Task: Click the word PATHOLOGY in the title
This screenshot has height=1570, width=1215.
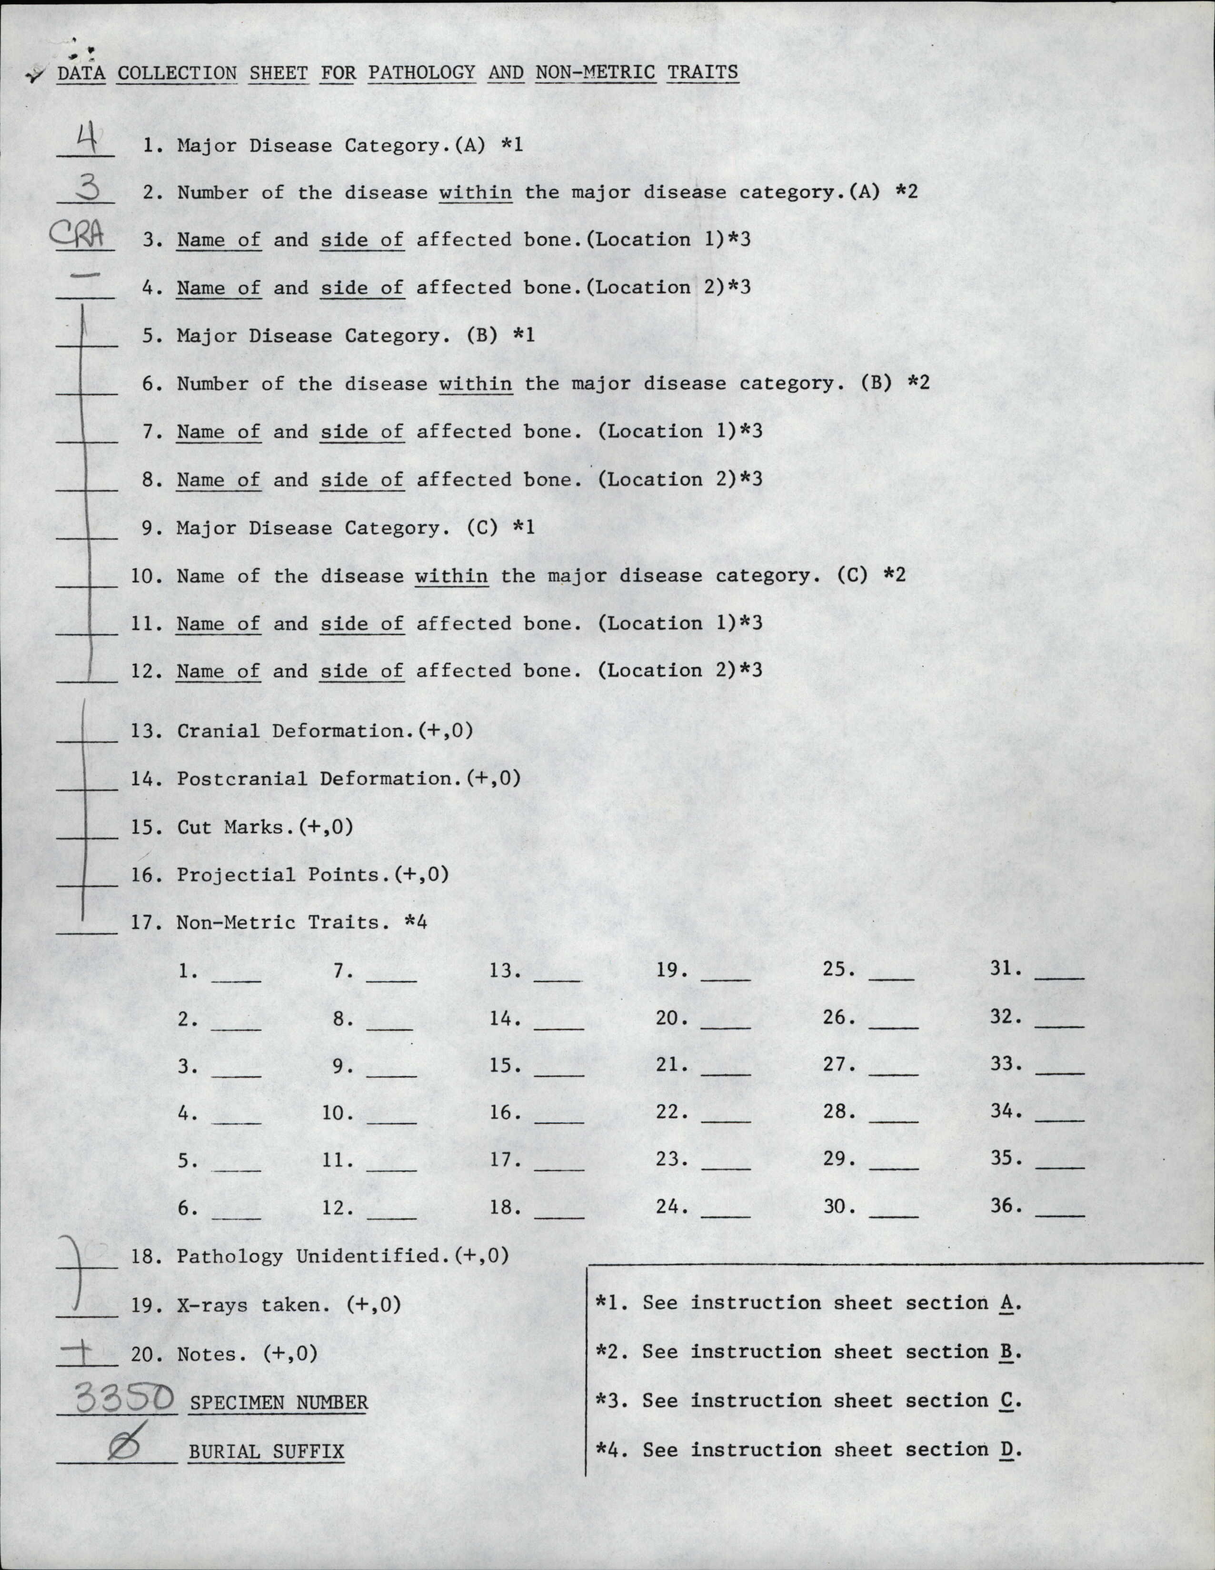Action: point(421,72)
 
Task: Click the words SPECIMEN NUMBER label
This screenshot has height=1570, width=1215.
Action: point(278,1402)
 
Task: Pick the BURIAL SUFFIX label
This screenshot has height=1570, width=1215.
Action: point(266,1451)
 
